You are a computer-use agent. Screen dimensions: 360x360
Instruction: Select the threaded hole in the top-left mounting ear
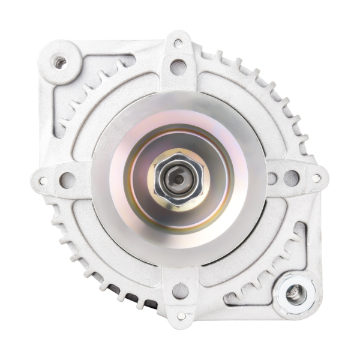[x=60, y=61]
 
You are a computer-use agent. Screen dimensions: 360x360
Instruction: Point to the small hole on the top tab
[x=178, y=43]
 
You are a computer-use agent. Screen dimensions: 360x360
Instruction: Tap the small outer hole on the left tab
[x=43, y=181]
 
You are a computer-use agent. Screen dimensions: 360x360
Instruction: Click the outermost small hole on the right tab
[x=316, y=178]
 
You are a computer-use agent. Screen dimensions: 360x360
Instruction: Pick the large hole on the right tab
[x=292, y=178]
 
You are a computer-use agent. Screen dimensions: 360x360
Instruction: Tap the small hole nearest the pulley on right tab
[x=272, y=178]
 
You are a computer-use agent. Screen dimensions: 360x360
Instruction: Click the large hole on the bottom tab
[x=181, y=291]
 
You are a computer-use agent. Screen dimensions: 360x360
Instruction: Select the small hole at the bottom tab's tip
[x=181, y=316]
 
